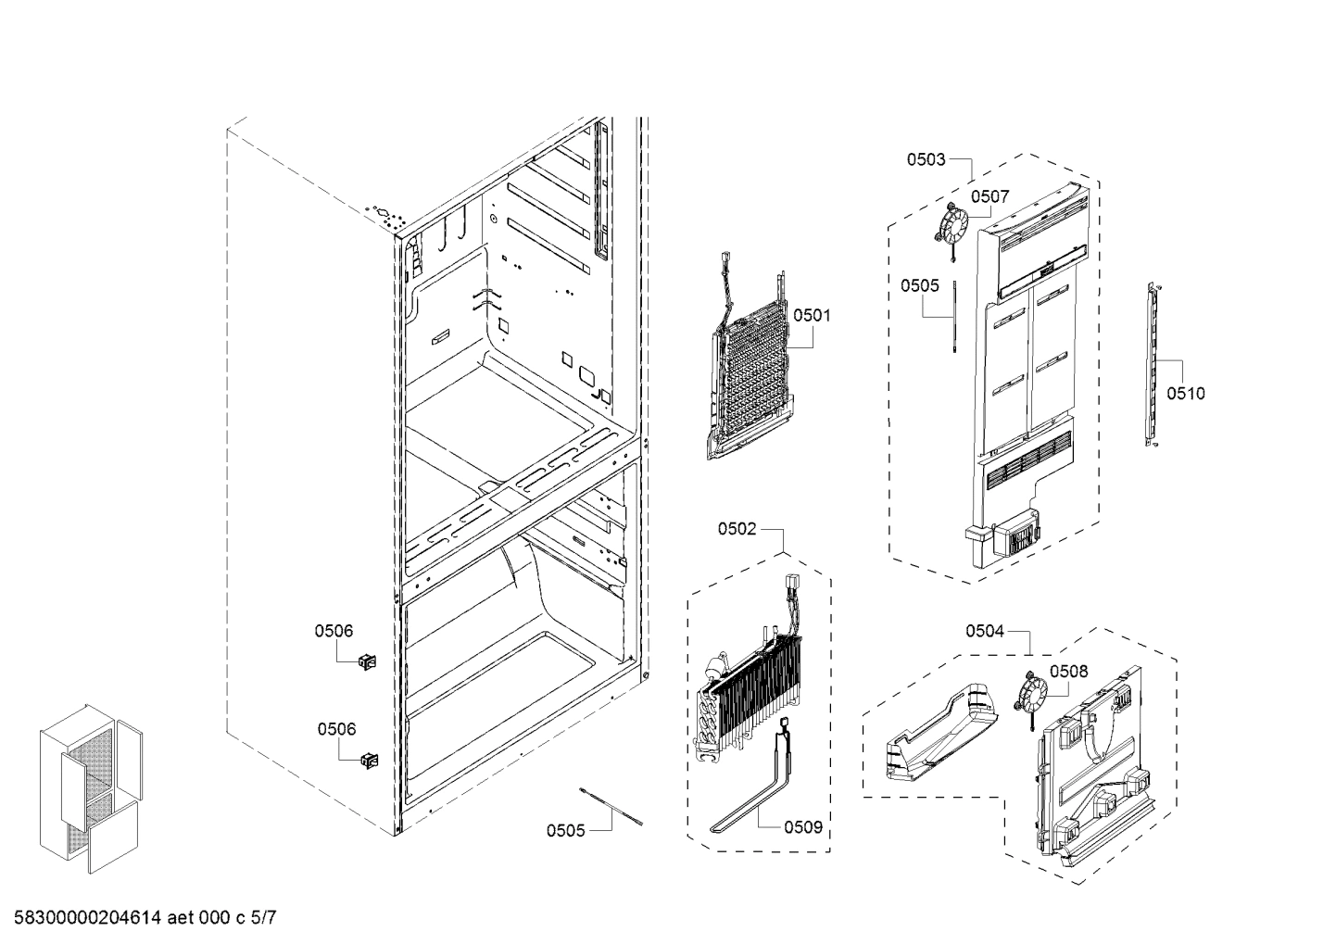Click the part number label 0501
coord(812,316)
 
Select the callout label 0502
coord(737,529)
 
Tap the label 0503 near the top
coord(926,159)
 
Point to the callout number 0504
coord(985,631)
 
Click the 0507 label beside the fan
coord(989,196)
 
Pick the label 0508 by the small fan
coord(1068,671)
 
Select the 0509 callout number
coord(802,827)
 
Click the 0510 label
coord(1186,394)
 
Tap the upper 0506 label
coord(334,631)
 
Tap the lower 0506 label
coord(336,729)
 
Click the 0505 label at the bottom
coord(565,830)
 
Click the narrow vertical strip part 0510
coord(1153,366)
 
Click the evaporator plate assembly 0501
coord(750,380)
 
